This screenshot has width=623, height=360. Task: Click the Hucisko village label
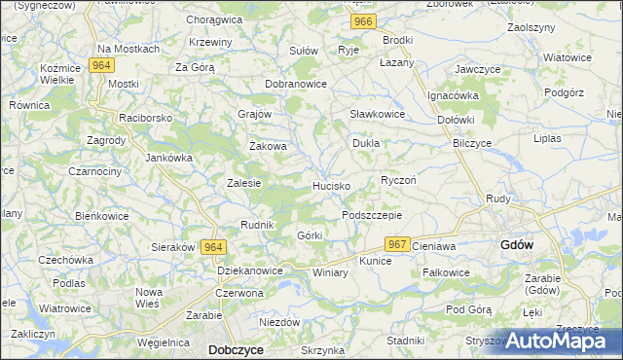click(331, 185)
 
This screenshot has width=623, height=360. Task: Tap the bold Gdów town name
click(516, 245)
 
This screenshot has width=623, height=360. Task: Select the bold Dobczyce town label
click(236, 348)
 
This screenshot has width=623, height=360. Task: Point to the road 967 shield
click(396, 244)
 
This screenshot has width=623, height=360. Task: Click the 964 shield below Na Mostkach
click(100, 65)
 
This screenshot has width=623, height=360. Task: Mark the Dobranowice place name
click(296, 85)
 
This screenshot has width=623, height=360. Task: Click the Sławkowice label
click(377, 114)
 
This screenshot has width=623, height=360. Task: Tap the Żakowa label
click(268, 147)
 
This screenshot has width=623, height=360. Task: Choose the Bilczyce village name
click(472, 143)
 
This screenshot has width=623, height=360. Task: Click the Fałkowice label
click(447, 273)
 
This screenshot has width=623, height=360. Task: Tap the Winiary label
click(331, 273)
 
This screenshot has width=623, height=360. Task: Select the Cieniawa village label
click(434, 246)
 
